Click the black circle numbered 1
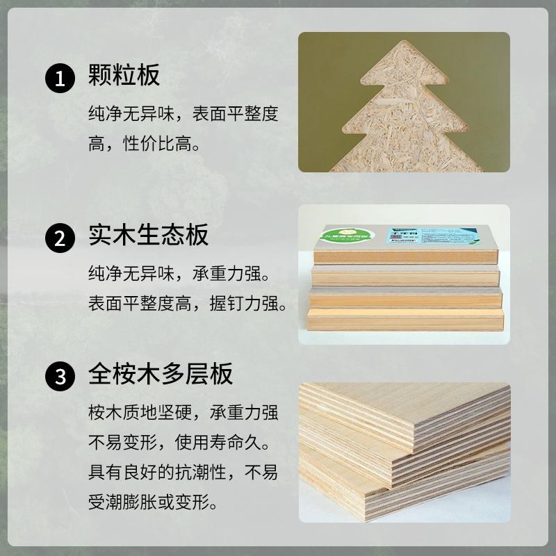[60, 76]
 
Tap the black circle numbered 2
[60, 238]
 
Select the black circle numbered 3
[60, 377]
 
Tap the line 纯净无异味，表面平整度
[183, 113]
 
